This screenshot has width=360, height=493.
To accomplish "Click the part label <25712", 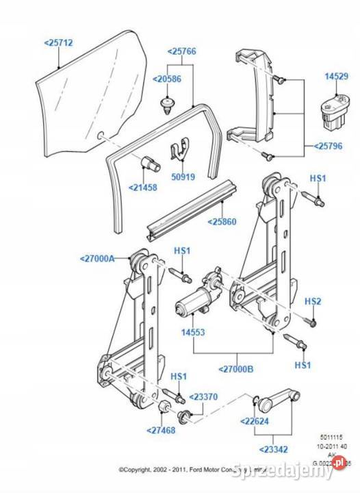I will [58, 42].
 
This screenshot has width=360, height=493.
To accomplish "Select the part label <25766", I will [181, 51].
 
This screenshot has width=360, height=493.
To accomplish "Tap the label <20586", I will [167, 79].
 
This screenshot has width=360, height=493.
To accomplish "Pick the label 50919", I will [182, 176].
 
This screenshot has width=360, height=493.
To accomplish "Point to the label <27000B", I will [236, 368].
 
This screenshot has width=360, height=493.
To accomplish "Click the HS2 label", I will [313, 301].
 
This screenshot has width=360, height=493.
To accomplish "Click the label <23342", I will [273, 450].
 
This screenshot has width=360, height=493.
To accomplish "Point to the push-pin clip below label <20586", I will [166, 105].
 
